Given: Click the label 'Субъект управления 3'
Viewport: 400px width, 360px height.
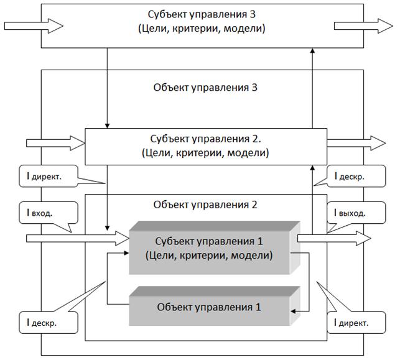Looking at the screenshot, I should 201,14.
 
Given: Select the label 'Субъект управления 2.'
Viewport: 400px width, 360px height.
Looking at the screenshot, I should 205,138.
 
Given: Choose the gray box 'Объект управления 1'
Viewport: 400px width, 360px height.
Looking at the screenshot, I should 209,305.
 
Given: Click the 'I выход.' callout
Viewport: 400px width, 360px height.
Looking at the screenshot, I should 351,213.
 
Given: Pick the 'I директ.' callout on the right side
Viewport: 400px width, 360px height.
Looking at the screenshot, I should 351,323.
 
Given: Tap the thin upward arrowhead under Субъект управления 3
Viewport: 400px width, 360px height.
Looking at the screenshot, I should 311,53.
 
